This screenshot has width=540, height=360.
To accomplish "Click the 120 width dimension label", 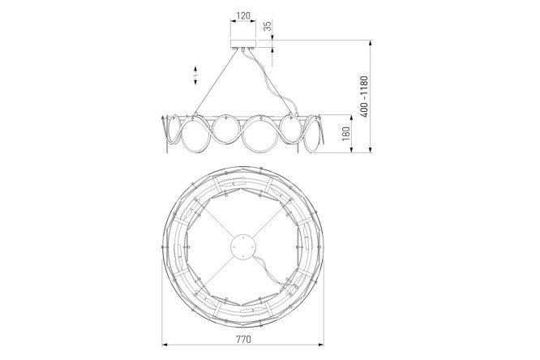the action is pyautogui.click(x=243, y=16).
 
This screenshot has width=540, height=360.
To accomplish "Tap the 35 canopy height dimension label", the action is pyautogui.click(x=268, y=26).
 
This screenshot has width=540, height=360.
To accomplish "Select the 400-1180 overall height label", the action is pyautogui.click(x=364, y=96).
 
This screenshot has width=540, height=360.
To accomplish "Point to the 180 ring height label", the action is pyautogui.click(x=345, y=134).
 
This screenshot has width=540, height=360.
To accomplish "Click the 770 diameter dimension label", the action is pyautogui.click(x=243, y=340).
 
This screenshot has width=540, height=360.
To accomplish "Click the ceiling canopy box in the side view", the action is pyautogui.click(x=243, y=44).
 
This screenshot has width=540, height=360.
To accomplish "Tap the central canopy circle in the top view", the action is pyautogui.click(x=242, y=247).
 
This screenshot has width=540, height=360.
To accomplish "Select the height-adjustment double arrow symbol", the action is pyautogui.click(x=195, y=75).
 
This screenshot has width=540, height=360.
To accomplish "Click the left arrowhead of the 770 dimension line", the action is pyautogui.click(x=165, y=344).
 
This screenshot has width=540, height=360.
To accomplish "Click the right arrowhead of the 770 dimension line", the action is pyautogui.click(x=321, y=344).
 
